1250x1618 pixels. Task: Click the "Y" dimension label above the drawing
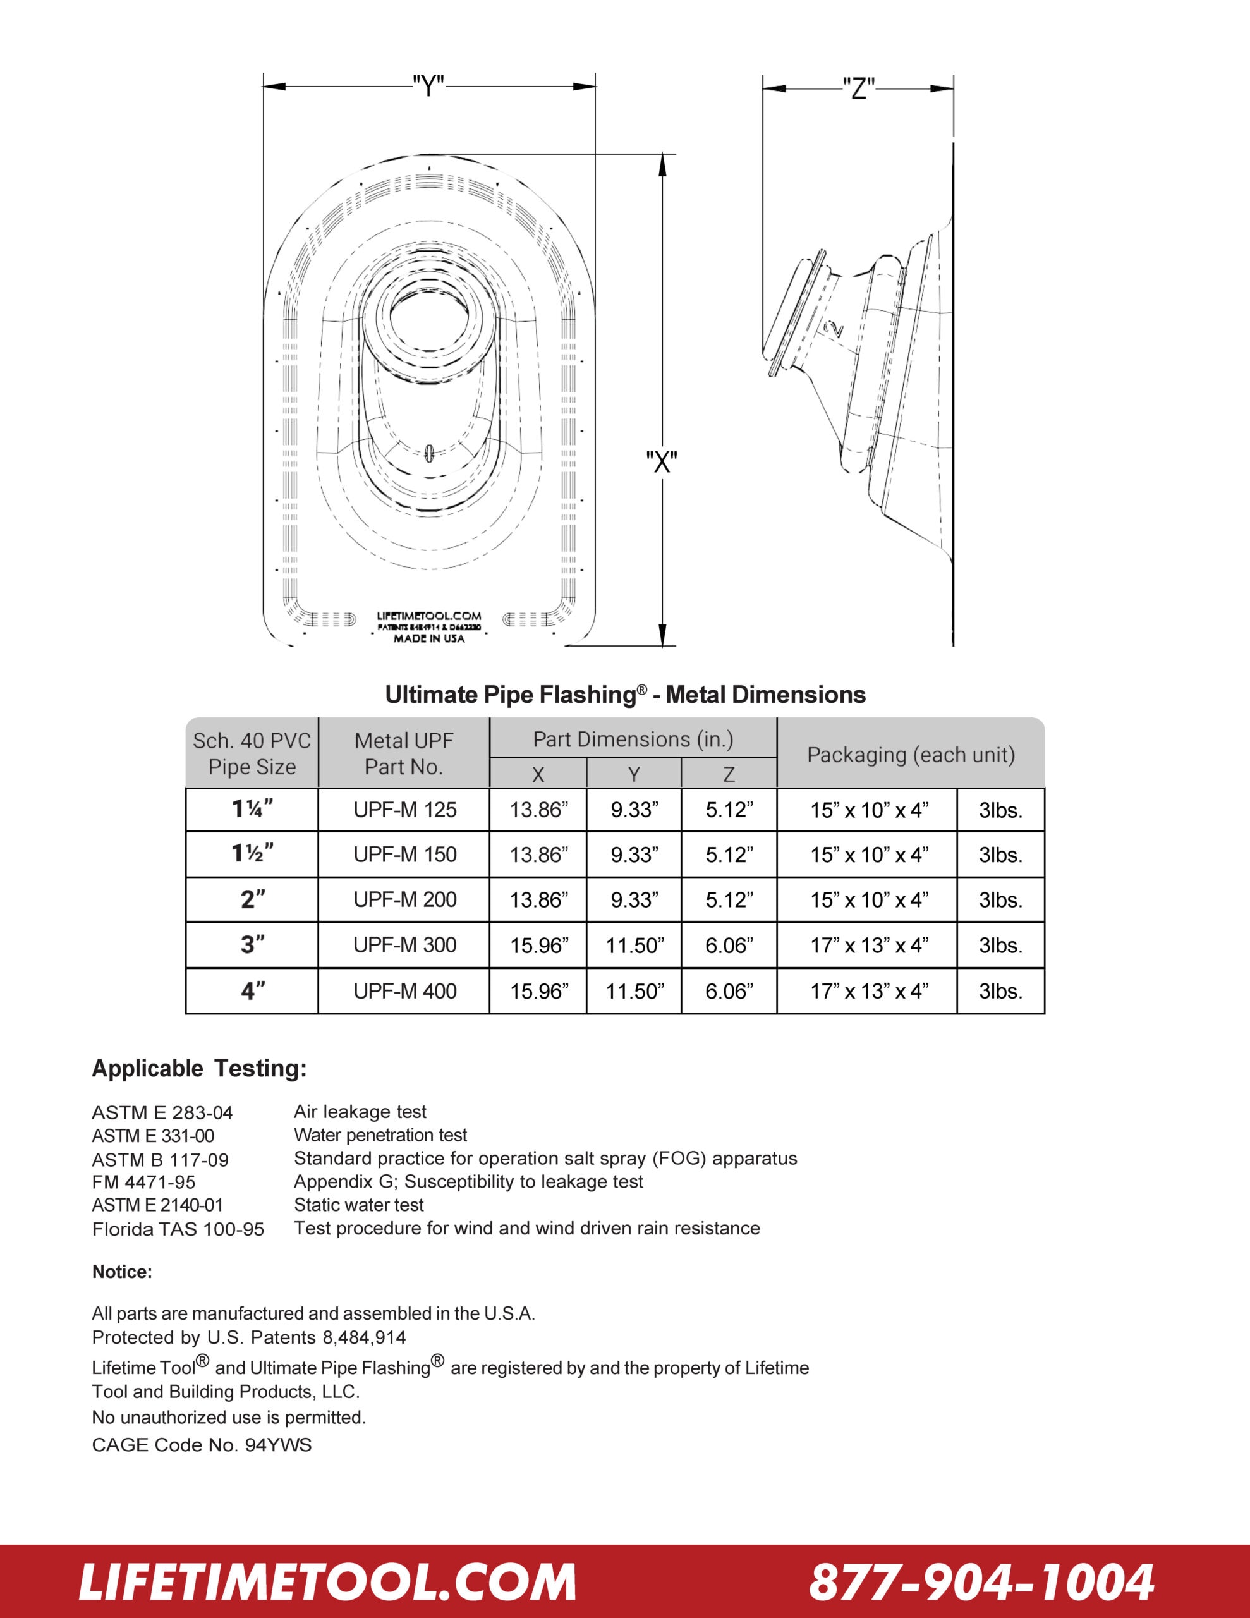428,87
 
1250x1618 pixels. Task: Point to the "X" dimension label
662,461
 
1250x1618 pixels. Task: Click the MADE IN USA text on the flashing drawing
429,638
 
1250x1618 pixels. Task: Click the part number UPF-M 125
404,810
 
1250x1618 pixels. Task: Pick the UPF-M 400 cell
404,990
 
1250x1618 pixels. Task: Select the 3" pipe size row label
252,945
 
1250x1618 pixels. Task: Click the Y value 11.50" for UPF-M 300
634,946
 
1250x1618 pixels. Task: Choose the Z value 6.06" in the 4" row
729,990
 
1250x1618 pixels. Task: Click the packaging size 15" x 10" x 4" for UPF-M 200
868,899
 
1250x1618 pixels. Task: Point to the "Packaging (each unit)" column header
911,754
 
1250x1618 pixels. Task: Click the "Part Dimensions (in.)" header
633,739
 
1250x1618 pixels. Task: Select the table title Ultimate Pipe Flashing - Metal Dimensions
624,694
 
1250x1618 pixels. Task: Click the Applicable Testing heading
198,1068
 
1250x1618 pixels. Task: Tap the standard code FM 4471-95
143,1182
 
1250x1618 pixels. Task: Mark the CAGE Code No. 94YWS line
202,1445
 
